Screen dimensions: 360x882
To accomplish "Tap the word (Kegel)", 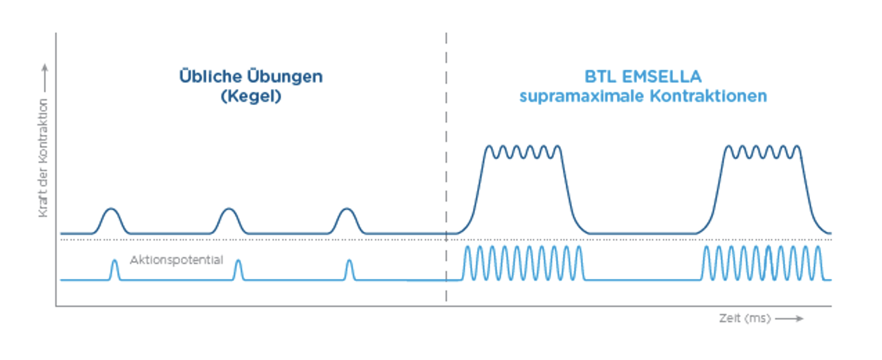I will (251, 96).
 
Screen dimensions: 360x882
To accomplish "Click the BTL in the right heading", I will (600, 77).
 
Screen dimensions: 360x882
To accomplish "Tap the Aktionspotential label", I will (176, 260).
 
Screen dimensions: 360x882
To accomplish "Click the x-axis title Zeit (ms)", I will (744, 318).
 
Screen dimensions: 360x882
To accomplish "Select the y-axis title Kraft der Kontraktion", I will (43, 158).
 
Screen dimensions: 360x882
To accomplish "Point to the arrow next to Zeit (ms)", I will (789, 318).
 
